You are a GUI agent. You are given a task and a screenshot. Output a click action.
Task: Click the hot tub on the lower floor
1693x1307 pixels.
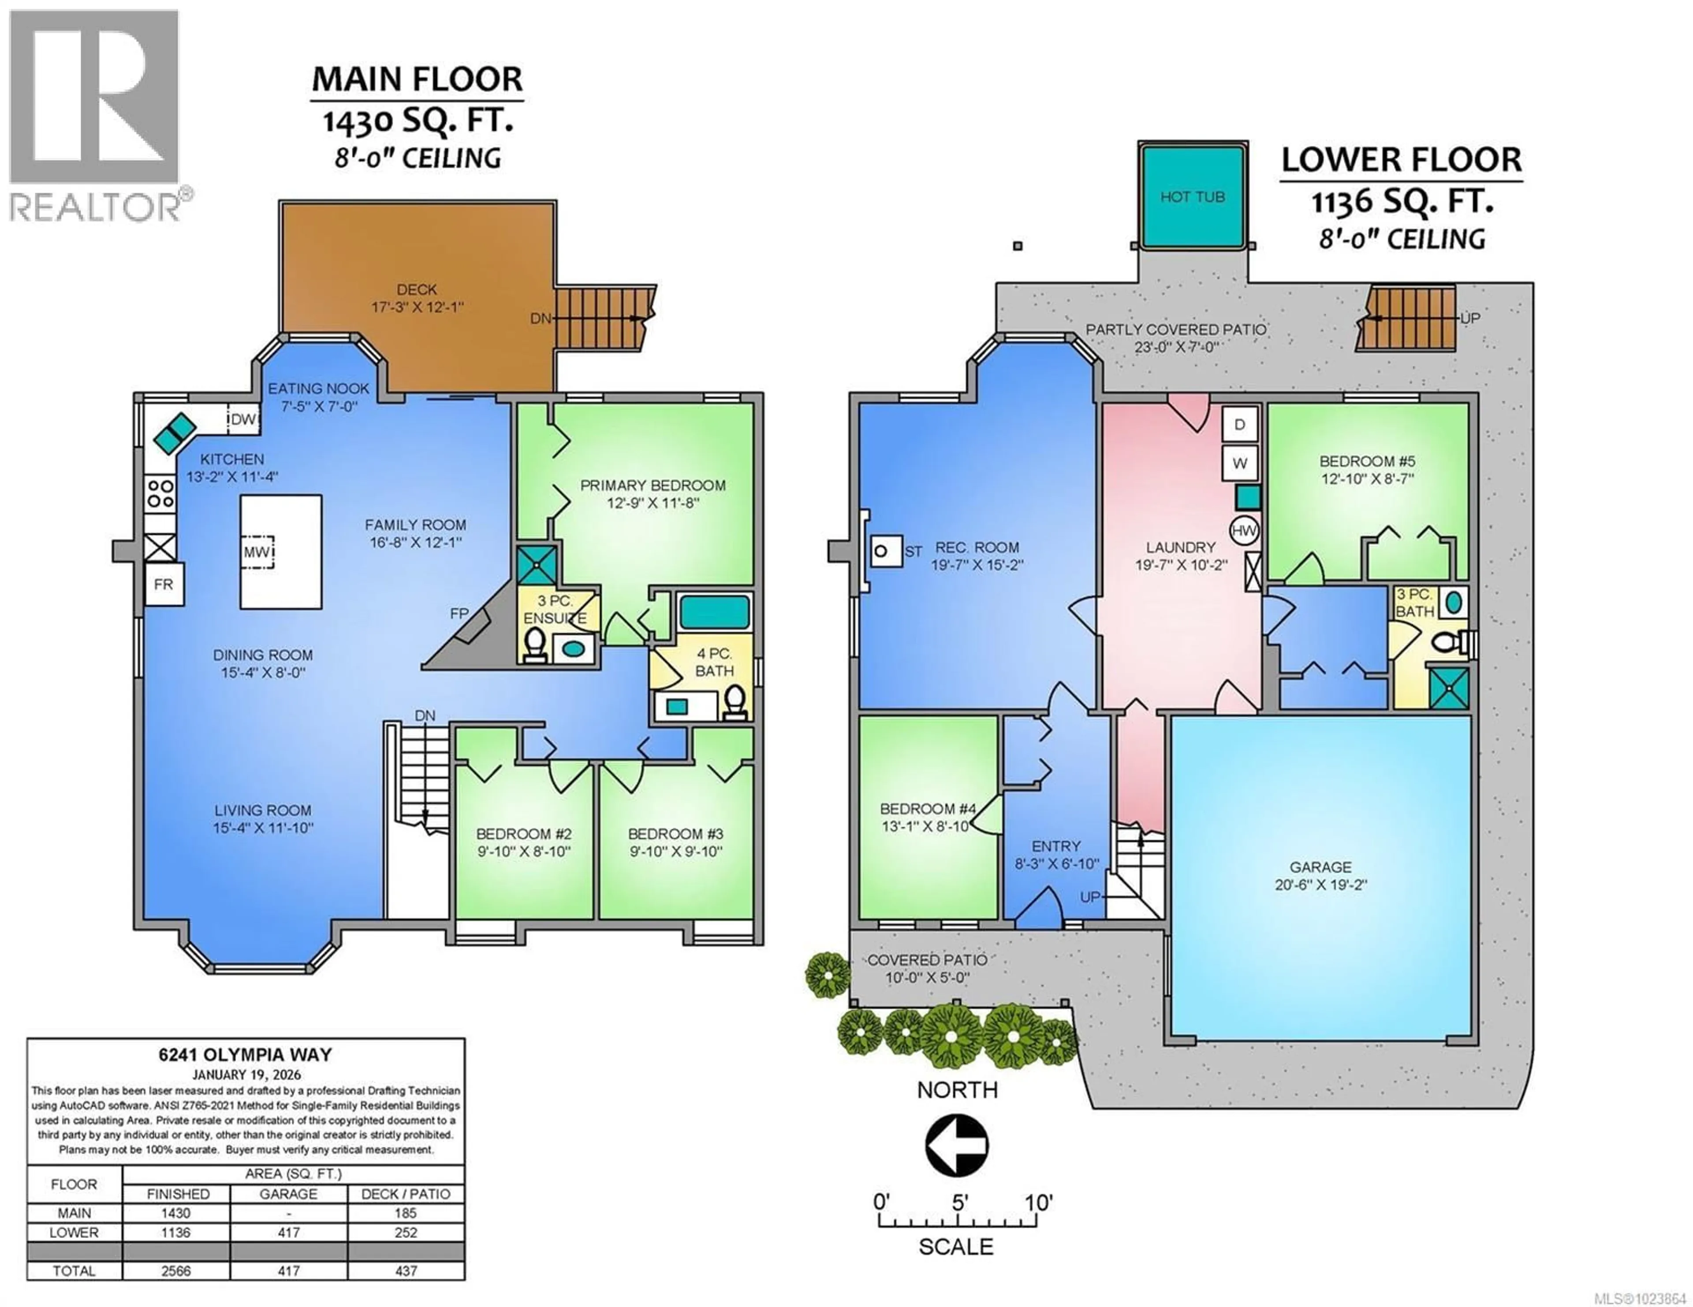pos(1192,197)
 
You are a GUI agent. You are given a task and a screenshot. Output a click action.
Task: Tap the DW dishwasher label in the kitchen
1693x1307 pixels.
pos(242,420)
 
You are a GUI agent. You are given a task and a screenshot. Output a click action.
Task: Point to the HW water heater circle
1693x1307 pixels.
pos(1243,531)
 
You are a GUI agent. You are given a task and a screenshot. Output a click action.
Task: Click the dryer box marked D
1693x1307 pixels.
pos(1239,425)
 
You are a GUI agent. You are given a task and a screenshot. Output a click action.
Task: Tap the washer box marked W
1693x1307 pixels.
pos(1239,463)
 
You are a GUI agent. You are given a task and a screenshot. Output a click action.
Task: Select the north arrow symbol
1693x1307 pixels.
pos(957,1144)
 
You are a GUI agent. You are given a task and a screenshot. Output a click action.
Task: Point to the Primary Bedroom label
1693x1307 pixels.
pos(653,486)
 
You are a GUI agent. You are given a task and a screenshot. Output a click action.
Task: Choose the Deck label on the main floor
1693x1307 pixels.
pos(416,290)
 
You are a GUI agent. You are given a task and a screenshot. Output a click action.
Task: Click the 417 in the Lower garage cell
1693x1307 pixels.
pos(288,1233)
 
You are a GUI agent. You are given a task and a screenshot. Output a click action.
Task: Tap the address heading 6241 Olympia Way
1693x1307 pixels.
pos(245,1055)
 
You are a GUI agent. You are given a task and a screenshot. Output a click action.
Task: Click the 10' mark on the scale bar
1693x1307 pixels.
pos(1038,1203)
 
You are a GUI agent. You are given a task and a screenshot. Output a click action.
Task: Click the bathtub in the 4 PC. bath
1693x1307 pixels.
pos(715,612)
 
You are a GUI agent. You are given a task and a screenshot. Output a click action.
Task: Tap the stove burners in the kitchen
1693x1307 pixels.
pos(160,493)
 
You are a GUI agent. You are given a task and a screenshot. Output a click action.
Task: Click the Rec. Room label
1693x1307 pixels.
pos(976,548)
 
